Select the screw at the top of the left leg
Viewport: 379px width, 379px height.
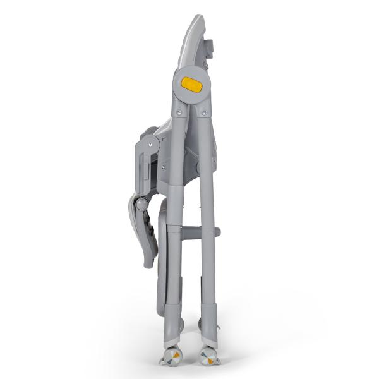click(x=180, y=112)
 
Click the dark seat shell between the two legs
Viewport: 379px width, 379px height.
click(x=189, y=152)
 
